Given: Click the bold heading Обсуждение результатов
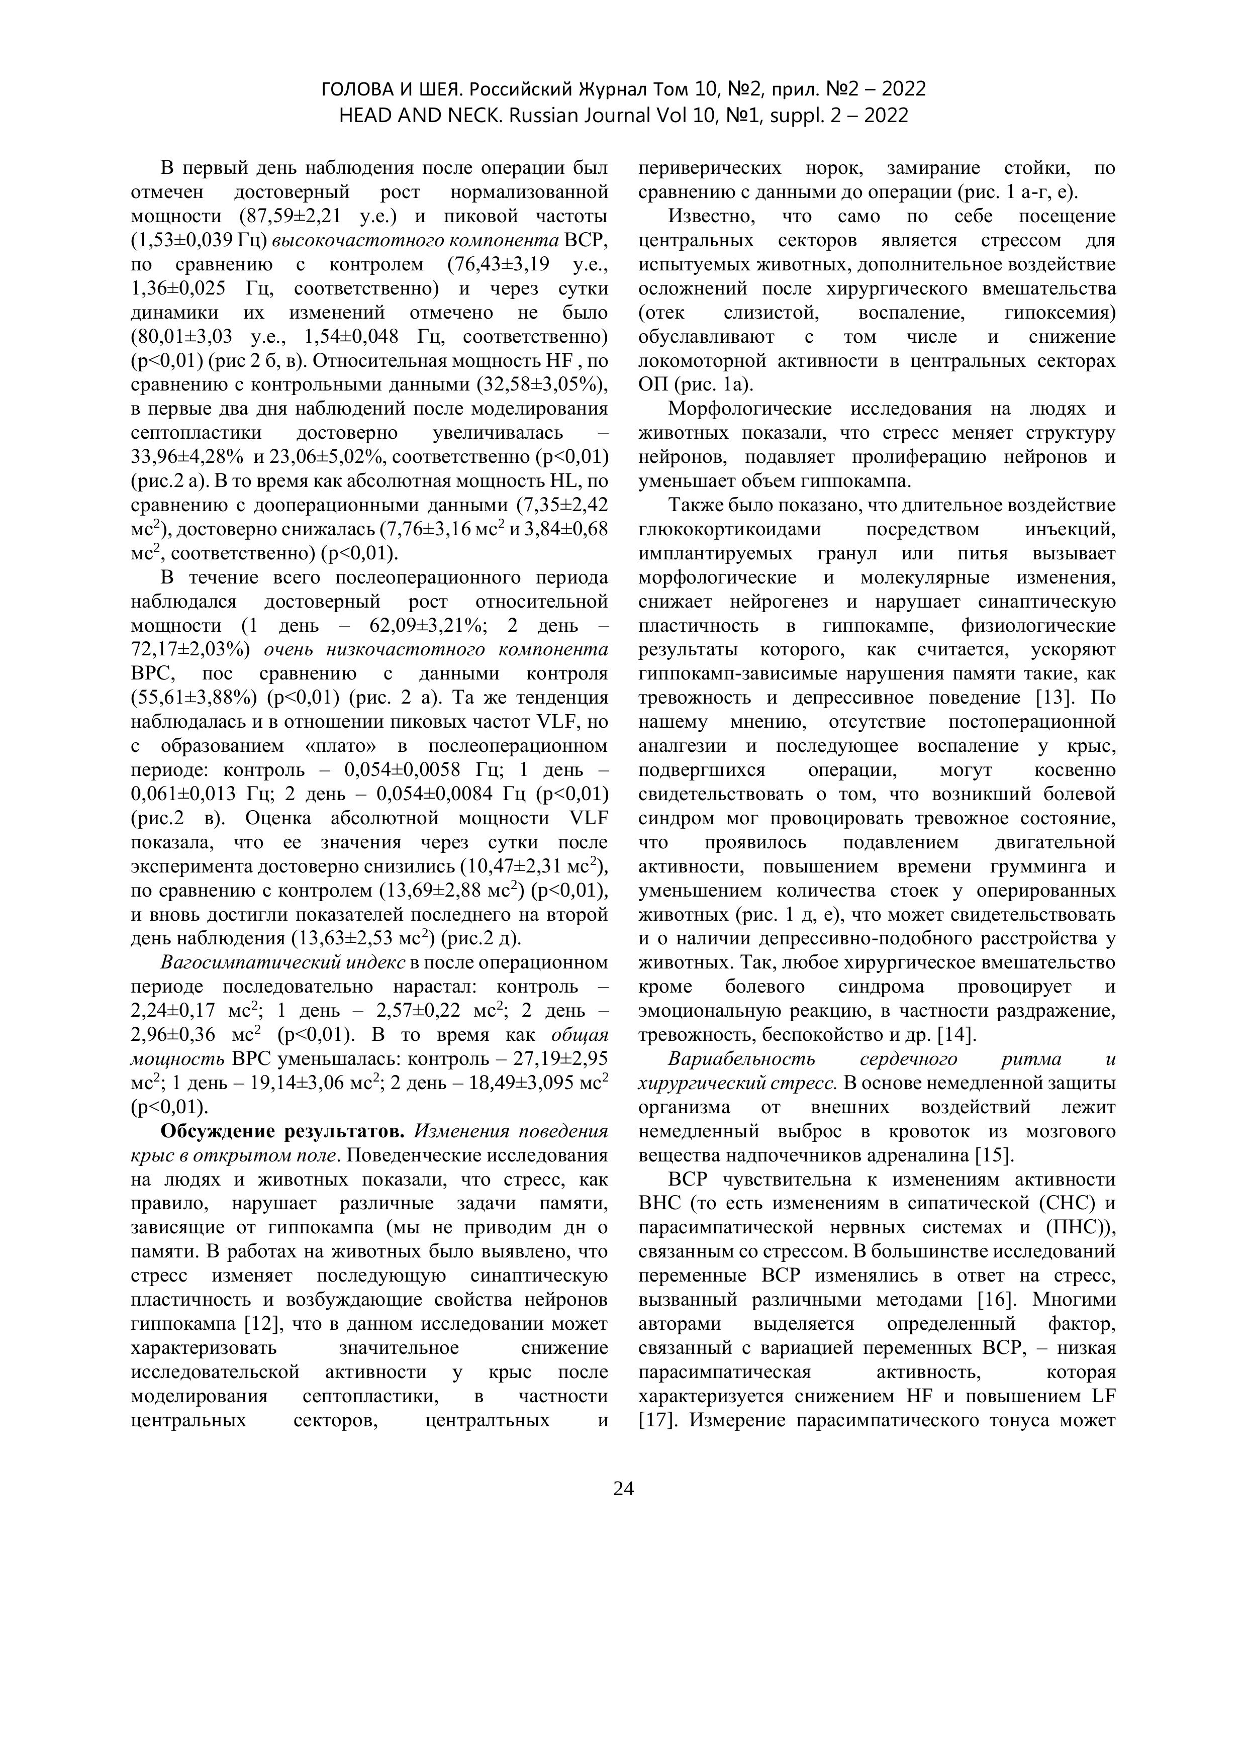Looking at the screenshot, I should [282, 1131].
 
